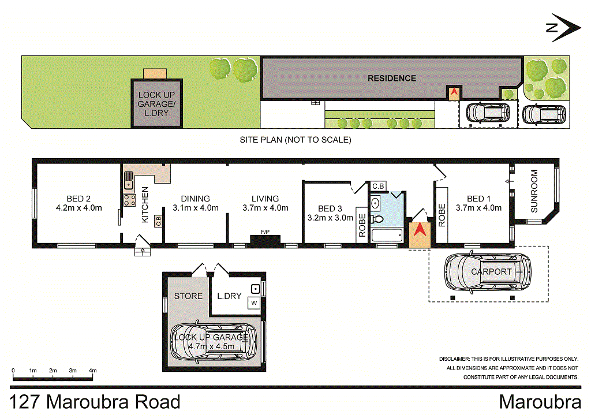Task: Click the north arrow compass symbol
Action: (564, 28)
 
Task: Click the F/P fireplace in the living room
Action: (265, 238)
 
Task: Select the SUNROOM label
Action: (533, 191)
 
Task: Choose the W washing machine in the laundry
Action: (253, 302)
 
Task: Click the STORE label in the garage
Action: (189, 296)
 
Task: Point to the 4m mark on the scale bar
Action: (92, 370)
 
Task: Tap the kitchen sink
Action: (129, 184)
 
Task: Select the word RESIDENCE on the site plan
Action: (392, 78)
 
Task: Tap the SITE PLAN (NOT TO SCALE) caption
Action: (295, 140)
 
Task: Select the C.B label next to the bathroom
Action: (378, 186)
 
